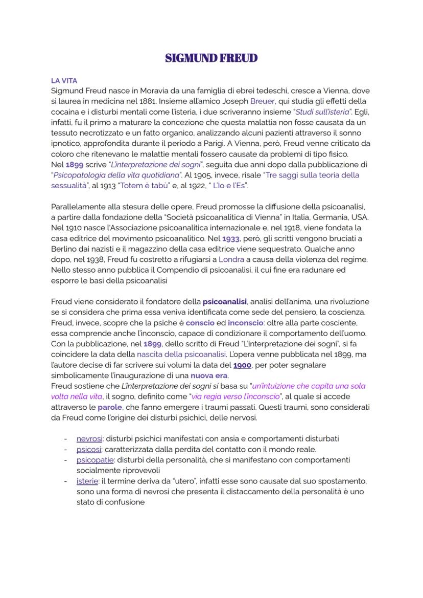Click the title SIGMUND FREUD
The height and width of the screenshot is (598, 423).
211,58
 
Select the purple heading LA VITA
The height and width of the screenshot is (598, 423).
64,80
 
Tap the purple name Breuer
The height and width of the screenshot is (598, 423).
262,101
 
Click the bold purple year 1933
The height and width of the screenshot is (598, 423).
230,238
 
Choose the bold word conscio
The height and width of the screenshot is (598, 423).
200,323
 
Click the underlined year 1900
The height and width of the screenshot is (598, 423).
242,365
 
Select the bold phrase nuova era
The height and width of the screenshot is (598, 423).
209,376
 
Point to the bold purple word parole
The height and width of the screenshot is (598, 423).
110,408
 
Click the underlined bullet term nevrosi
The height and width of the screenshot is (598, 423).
89,439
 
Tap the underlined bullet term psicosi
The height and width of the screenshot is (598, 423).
89,450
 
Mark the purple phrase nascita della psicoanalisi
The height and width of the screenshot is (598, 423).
181,355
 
